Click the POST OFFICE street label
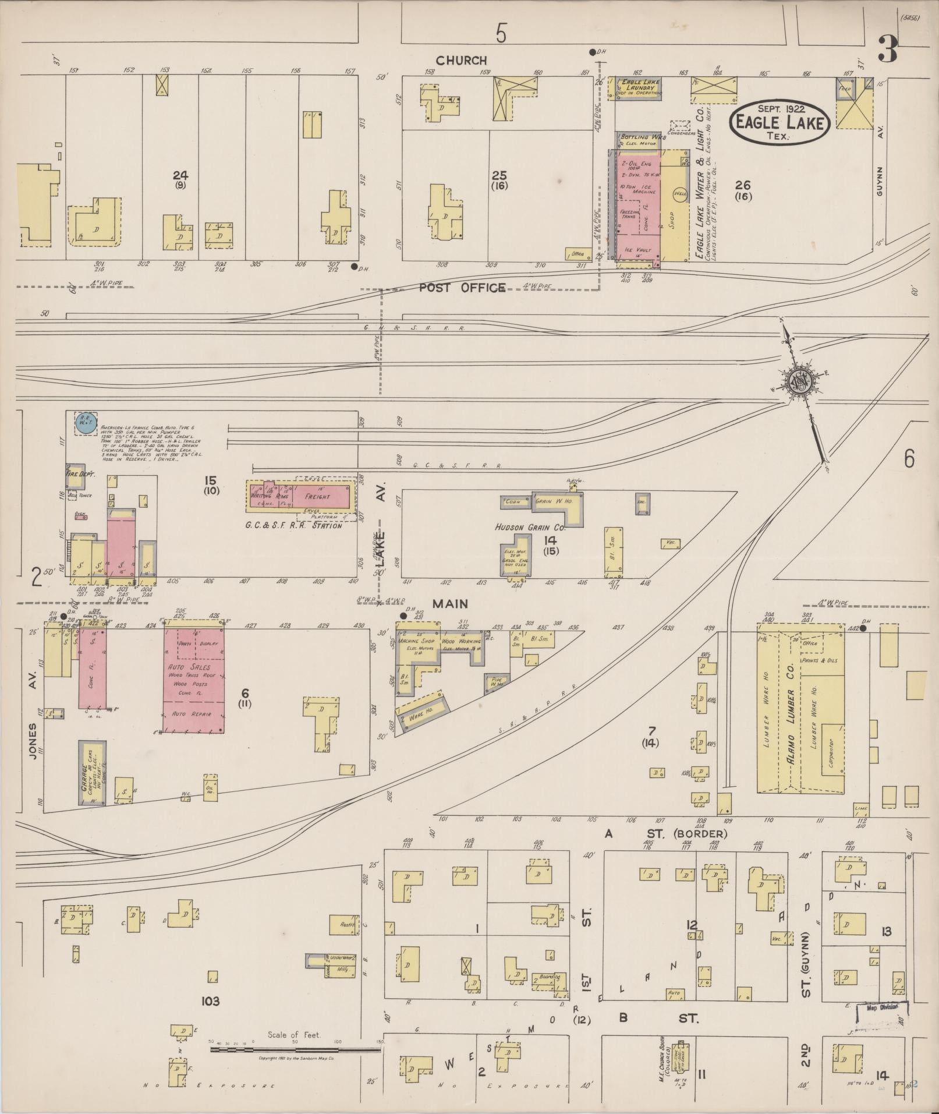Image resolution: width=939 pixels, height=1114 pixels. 462,288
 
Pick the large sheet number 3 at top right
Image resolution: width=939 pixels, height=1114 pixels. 887,49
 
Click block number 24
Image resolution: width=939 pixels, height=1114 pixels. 180,175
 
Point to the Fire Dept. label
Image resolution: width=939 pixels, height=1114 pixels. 75,474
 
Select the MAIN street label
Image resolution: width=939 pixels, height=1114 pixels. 450,604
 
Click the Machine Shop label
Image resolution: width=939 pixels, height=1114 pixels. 417,641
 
